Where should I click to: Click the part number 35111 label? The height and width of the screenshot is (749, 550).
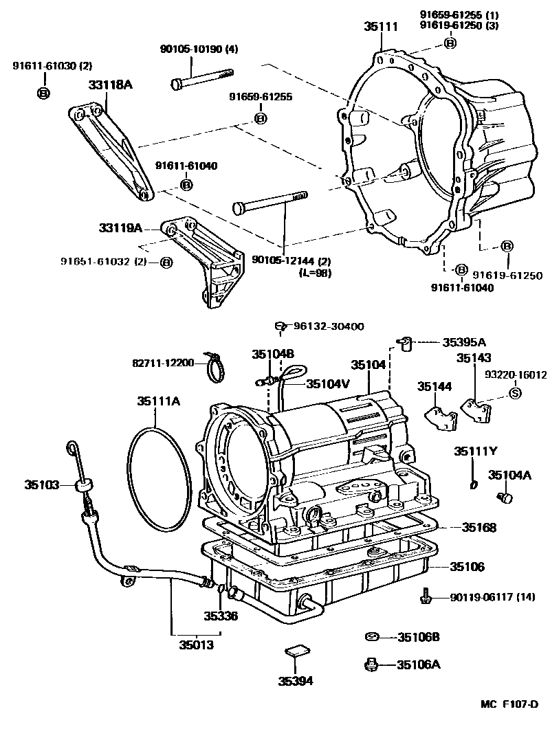pyautogui.click(x=381, y=27)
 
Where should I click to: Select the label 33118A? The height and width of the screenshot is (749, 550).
pyautogui.click(x=111, y=85)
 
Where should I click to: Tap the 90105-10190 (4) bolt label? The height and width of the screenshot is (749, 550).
pyautogui.click(x=199, y=49)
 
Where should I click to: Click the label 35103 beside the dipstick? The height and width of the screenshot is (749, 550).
pyautogui.click(x=42, y=485)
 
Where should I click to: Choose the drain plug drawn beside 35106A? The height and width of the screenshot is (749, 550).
pyautogui.click(x=371, y=664)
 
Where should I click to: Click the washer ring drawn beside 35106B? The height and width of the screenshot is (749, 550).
pyautogui.click(x=372, y=637)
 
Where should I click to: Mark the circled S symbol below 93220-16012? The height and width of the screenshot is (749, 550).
pyautogui.click(x=515, y=393)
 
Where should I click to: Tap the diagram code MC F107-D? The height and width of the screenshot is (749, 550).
pyautogui.click(x=509, y=704)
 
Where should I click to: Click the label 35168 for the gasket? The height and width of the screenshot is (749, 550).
pyautogui.click(x=478, y=527)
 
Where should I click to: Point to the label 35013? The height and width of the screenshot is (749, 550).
pyautogui.click(x=197, y=645)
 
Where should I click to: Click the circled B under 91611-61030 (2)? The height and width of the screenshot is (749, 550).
pyautogui.click(x=43, y=93)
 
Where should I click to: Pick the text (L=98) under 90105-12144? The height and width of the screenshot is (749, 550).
pyautogui.click(x=314, y=273)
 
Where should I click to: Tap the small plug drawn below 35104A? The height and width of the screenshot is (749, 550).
pyautogui.click(x=504, y=498)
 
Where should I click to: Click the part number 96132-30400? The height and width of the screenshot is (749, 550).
pyautogui.click(x=329, y=326)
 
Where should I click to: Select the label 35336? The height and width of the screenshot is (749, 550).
pyautogui.click(x=221, y=616)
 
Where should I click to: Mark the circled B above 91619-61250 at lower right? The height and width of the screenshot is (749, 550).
pyautogui.click(x=507, y=247)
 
